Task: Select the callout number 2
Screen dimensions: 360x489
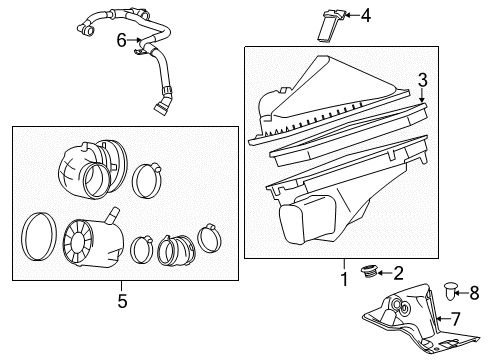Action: (398, 272)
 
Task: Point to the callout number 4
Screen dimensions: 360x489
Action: (365, 15)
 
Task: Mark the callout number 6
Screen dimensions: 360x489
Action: (122, 40)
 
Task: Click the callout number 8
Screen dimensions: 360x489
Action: (474, 293)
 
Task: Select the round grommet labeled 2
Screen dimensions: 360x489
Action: (370, 271)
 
